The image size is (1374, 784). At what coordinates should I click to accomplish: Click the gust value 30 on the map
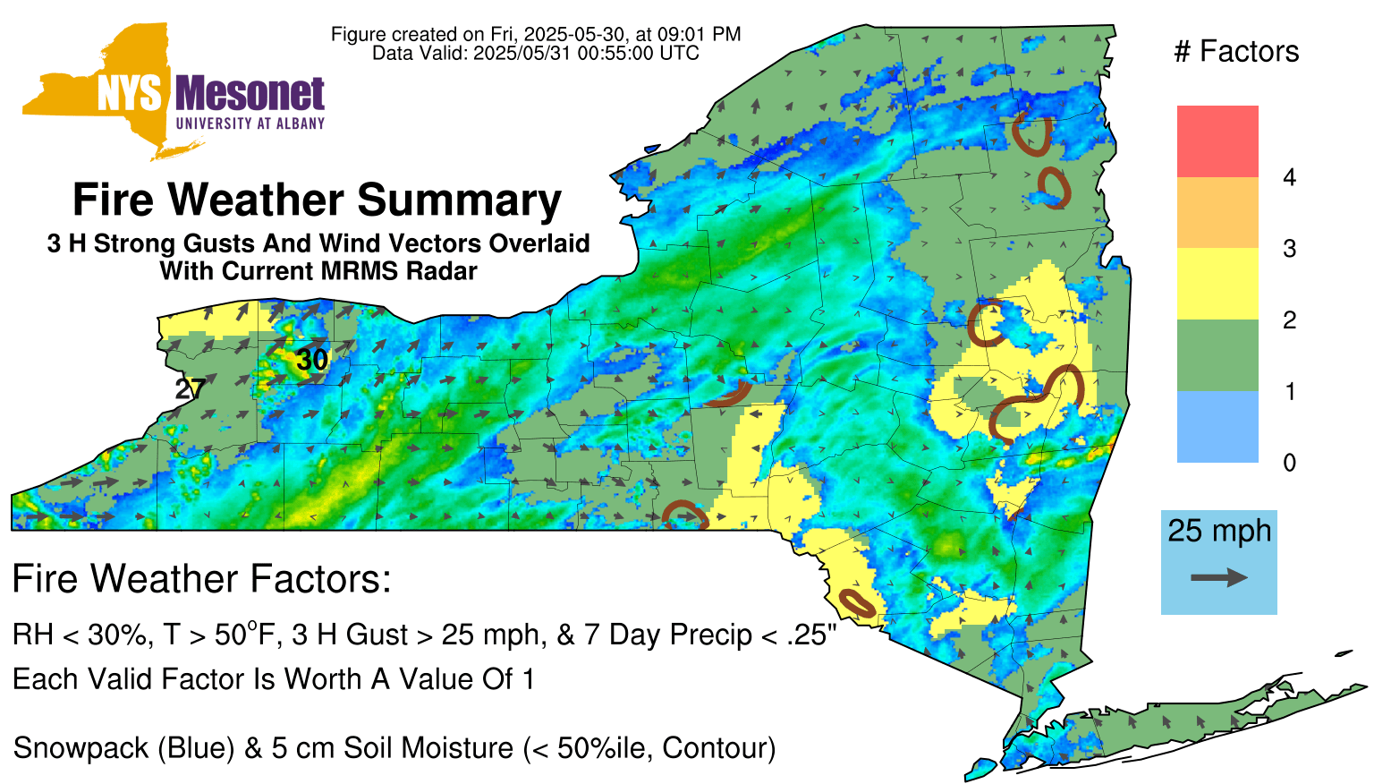(312, 360)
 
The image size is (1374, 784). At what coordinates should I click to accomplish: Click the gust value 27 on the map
(191, 389)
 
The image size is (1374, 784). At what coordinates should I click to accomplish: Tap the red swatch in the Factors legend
(1217, 141)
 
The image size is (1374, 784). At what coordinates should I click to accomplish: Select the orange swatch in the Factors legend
(1217, 213)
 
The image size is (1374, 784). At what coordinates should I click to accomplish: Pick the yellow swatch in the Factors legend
(1217, 284)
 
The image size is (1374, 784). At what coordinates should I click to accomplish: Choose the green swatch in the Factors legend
(1217, 355)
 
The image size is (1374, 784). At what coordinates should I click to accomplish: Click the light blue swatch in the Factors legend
(1217, 427)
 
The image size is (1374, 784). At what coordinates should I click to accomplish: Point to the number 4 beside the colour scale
(1289, 178)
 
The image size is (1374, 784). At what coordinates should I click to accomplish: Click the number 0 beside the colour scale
(1289, 463)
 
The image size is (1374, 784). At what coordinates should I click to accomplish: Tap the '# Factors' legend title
(1236, 51)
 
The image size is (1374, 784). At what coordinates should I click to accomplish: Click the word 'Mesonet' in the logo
(250, 94)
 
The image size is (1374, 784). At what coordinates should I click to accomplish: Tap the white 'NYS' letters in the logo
(130, 94)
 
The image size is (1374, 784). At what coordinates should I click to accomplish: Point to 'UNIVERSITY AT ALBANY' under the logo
(250, 124)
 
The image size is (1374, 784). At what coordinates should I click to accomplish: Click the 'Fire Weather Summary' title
(318, 200)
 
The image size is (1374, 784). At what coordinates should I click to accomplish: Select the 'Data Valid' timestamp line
(536, 54)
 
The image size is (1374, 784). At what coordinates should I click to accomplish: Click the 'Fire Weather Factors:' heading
(202, 578)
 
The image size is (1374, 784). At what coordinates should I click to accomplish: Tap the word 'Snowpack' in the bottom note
(81, 748)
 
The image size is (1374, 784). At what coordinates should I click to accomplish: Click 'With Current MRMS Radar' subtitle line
(318, 271)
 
